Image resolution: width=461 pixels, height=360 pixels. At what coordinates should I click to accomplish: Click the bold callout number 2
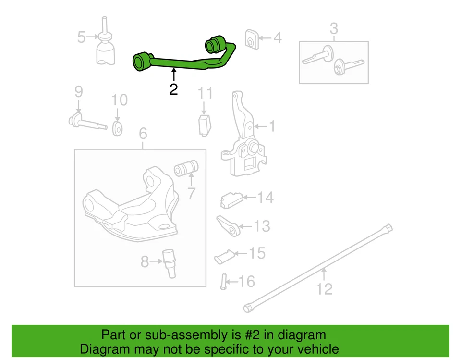(x=173, y=89)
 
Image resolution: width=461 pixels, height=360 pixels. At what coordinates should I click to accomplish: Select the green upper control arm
(x=182, y=62)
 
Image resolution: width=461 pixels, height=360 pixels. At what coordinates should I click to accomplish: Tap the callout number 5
(x=82, y=37)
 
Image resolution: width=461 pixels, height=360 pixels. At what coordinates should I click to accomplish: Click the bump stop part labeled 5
(x=106, y=50)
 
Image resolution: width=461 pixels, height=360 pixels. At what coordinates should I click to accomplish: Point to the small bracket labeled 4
(x=251, y=38)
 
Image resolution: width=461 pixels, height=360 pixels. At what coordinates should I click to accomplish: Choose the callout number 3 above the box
(x=334, y=29)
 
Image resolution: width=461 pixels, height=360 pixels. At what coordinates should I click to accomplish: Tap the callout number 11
(x=205, y=93)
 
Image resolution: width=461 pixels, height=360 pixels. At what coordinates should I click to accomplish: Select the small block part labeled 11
(x=206, y=124)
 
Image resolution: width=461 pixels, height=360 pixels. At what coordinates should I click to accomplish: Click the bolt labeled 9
(x=86, y=121)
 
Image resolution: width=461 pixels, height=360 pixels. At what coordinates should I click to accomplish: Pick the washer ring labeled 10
(x=117, y=128)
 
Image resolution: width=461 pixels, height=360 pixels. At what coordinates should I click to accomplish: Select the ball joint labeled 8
(x=170, y=263)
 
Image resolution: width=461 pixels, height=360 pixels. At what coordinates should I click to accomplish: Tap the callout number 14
(x=265, y=197)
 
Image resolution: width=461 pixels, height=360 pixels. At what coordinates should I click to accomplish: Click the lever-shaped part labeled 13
(x=228, y=226)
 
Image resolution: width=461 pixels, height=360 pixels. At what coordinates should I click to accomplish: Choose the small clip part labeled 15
(x=223, y=256)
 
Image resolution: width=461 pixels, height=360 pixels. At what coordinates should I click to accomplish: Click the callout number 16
(x=247, y=281)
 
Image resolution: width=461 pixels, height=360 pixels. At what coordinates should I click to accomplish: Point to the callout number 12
(x=325, y=289)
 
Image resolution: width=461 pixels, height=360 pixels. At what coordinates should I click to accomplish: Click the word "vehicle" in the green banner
(x=314, y=349)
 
